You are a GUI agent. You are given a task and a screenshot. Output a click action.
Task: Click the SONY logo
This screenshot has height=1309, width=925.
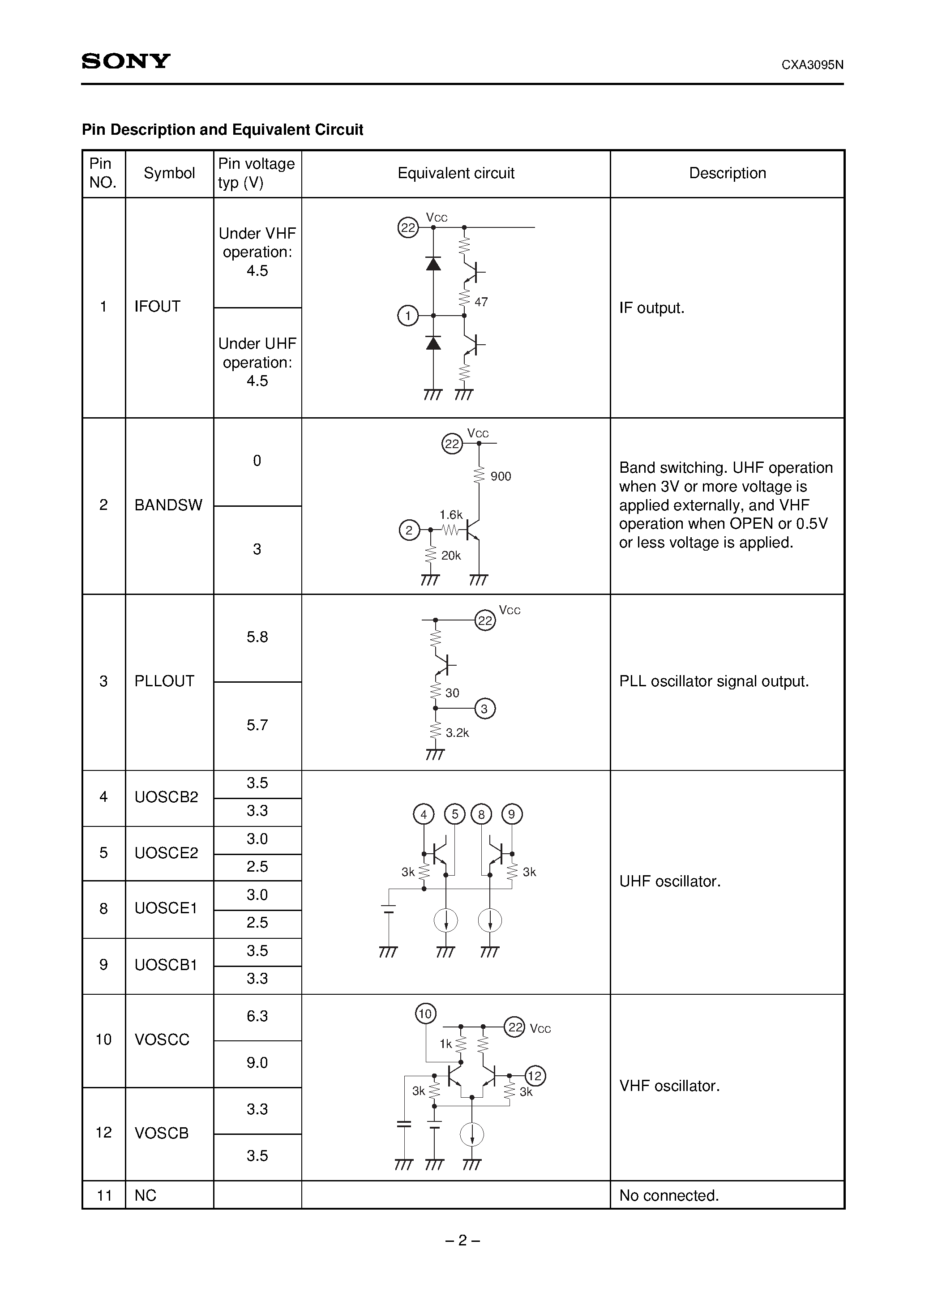coord(126,61)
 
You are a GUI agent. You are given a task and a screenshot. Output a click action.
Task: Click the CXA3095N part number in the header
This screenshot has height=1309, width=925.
coord(812,65)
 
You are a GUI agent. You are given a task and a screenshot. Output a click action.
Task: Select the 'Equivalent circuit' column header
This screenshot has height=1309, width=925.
coord(456,173)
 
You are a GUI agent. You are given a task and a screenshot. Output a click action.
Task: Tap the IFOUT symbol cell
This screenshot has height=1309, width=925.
coord(158,307)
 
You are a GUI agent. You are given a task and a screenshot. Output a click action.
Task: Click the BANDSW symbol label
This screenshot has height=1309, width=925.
coord(168,505)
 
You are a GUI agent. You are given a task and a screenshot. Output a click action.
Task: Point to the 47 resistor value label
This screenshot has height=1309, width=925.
coord(481,302)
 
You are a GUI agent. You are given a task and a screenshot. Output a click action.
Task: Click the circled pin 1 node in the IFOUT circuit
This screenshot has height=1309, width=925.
coord(408,316)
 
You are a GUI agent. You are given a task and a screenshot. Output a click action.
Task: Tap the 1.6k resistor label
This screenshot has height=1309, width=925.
coord(450,515)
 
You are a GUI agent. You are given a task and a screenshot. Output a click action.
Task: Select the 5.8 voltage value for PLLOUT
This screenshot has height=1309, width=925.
coord(257,637)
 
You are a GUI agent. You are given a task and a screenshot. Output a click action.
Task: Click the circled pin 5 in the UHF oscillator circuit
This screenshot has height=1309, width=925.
coord(454,815)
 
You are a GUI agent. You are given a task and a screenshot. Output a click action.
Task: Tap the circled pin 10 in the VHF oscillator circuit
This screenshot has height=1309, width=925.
coord(425,1014)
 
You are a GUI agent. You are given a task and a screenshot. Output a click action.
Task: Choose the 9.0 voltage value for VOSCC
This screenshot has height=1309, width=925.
coord(257,1063)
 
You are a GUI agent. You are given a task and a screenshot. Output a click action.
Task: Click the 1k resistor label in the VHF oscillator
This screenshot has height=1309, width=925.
coord(445,1044)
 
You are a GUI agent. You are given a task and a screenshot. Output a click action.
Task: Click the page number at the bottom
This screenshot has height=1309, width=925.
coord(462,1241)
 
